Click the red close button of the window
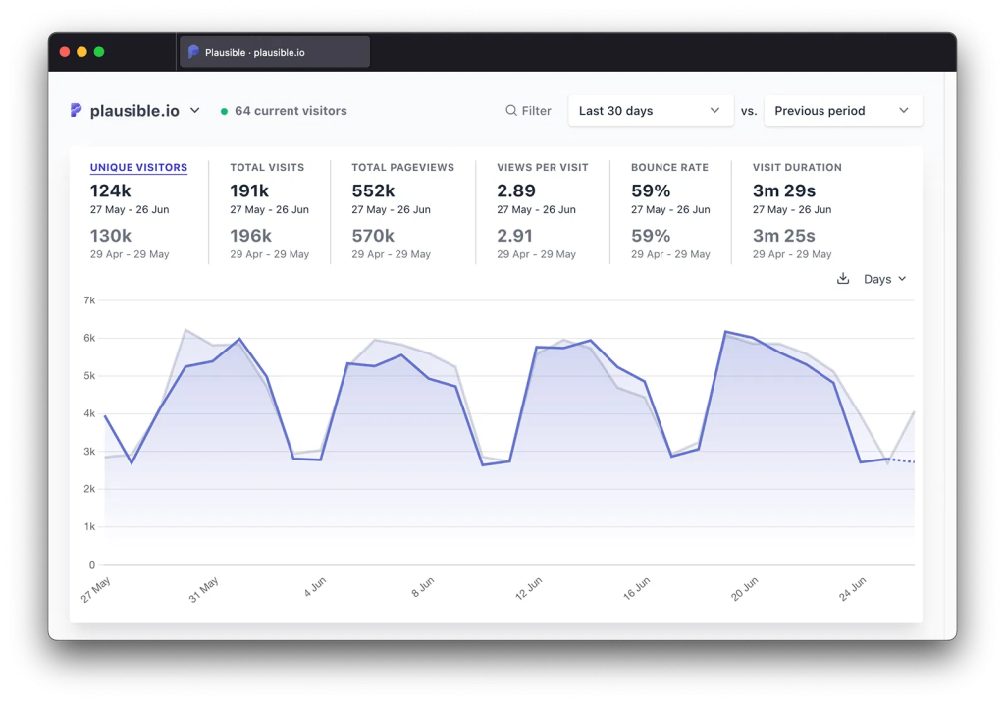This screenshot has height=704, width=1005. click(65, 52)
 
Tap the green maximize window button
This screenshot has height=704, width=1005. click(99, 52)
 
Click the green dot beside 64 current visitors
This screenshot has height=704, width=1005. click(224, 112)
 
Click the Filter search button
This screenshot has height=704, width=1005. click(528, 111)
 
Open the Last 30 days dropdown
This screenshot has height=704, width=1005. click(650, 111)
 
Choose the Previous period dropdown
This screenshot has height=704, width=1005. click(842, 111)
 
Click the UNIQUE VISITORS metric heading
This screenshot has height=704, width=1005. click(138, 168)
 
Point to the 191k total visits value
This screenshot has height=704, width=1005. click(250, 190)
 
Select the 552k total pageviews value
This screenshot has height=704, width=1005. click(373, 190)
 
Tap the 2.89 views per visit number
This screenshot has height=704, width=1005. click(516, 190)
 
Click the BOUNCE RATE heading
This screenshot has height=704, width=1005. click(669, 168)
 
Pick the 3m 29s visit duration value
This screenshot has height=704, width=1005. click(784, 190)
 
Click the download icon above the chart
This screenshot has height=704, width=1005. click(842, 279)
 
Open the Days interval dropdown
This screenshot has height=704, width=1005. click(884, 279)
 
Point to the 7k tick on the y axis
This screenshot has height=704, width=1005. click(89, 300)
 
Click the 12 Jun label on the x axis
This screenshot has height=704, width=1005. click(528, 588)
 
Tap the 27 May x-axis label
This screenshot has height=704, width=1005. click(96, 589)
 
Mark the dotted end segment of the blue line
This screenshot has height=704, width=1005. click(902, 460)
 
